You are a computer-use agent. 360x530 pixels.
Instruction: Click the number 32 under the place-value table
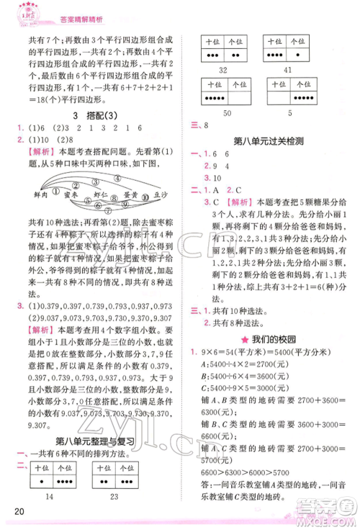(222, 70)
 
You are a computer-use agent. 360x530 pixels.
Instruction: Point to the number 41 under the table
(288, 70)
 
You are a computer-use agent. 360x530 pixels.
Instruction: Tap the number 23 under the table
(115, 497)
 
